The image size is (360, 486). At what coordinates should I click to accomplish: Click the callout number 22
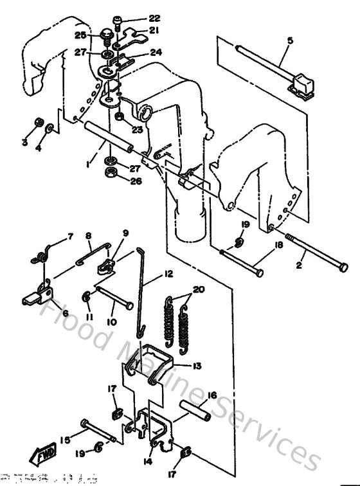(154, 17)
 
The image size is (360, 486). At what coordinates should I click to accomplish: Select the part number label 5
(289, 41)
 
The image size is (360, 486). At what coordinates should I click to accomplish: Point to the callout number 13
(195, 366)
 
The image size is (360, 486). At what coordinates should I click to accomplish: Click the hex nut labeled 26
(110, 174)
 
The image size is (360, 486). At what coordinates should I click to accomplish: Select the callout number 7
(71, 237)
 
